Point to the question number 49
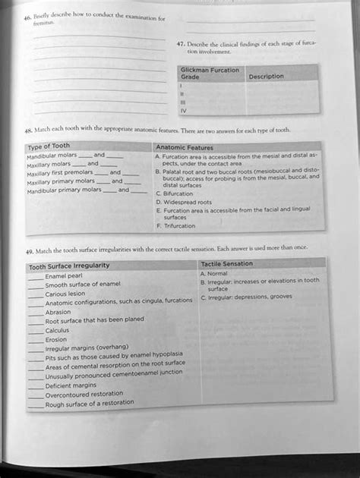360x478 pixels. pos(30,249)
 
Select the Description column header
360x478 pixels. pos(266,77)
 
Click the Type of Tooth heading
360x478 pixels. pos(49,146)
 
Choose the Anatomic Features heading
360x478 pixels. pos(185,147)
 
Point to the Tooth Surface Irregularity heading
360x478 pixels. pos(69,266)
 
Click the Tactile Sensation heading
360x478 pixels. pos(226,263)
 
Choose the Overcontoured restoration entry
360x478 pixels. pos(84,395)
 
